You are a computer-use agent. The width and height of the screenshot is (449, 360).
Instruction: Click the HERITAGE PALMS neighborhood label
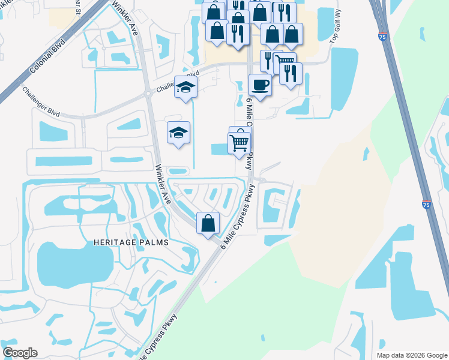[x=131, y=242]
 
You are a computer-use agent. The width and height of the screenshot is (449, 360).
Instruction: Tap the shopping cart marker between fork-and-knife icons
[x=285, y=62]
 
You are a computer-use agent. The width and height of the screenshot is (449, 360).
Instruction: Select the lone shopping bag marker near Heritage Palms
[x=208, y=223]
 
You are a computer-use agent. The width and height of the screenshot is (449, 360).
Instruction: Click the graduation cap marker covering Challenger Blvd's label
[x=186, y=87]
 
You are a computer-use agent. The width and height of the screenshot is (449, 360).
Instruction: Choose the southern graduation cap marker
[x=178, y=133]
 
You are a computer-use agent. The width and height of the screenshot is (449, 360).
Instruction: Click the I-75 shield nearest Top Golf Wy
[x=383, y=37]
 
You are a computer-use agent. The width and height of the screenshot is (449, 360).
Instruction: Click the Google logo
[x=20, y=353]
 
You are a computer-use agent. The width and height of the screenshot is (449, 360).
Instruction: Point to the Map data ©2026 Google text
[x=411, y=355]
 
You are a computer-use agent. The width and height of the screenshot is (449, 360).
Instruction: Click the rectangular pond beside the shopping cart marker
[x=219, y=149]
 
